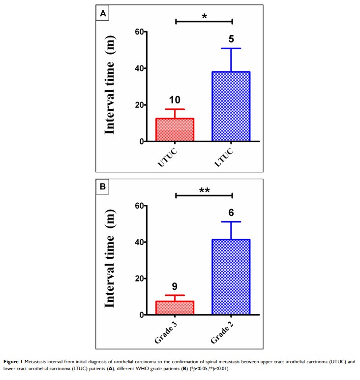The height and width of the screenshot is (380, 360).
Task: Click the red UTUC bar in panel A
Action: point(176,129)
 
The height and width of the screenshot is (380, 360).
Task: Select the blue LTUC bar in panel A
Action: point(231,106)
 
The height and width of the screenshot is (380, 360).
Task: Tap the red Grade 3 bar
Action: point(176,308)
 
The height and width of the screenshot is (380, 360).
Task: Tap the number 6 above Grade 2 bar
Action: point(231,213)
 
